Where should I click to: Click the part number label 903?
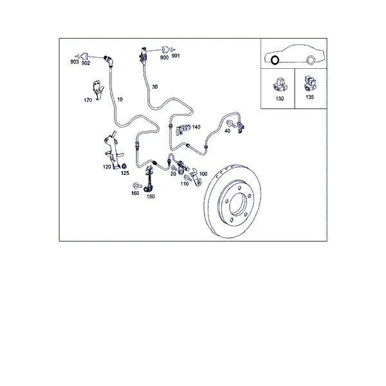75,62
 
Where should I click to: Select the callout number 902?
86,63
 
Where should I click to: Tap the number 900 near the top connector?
164,57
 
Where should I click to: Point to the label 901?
176,56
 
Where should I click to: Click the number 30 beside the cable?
154,87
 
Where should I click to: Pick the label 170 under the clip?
88,100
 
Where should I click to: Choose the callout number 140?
196,127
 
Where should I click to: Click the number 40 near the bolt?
227,131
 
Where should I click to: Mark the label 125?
125,173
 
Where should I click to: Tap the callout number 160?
135,193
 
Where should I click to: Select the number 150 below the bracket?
151,196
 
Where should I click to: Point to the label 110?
185,183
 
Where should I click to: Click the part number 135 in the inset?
309,97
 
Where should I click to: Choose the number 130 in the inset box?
280,98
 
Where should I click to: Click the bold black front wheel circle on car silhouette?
275,57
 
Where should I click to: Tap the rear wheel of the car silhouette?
311,60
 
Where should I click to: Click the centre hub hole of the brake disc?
238,204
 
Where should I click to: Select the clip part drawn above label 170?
98,89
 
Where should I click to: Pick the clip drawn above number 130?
280,86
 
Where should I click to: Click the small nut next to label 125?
124,165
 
